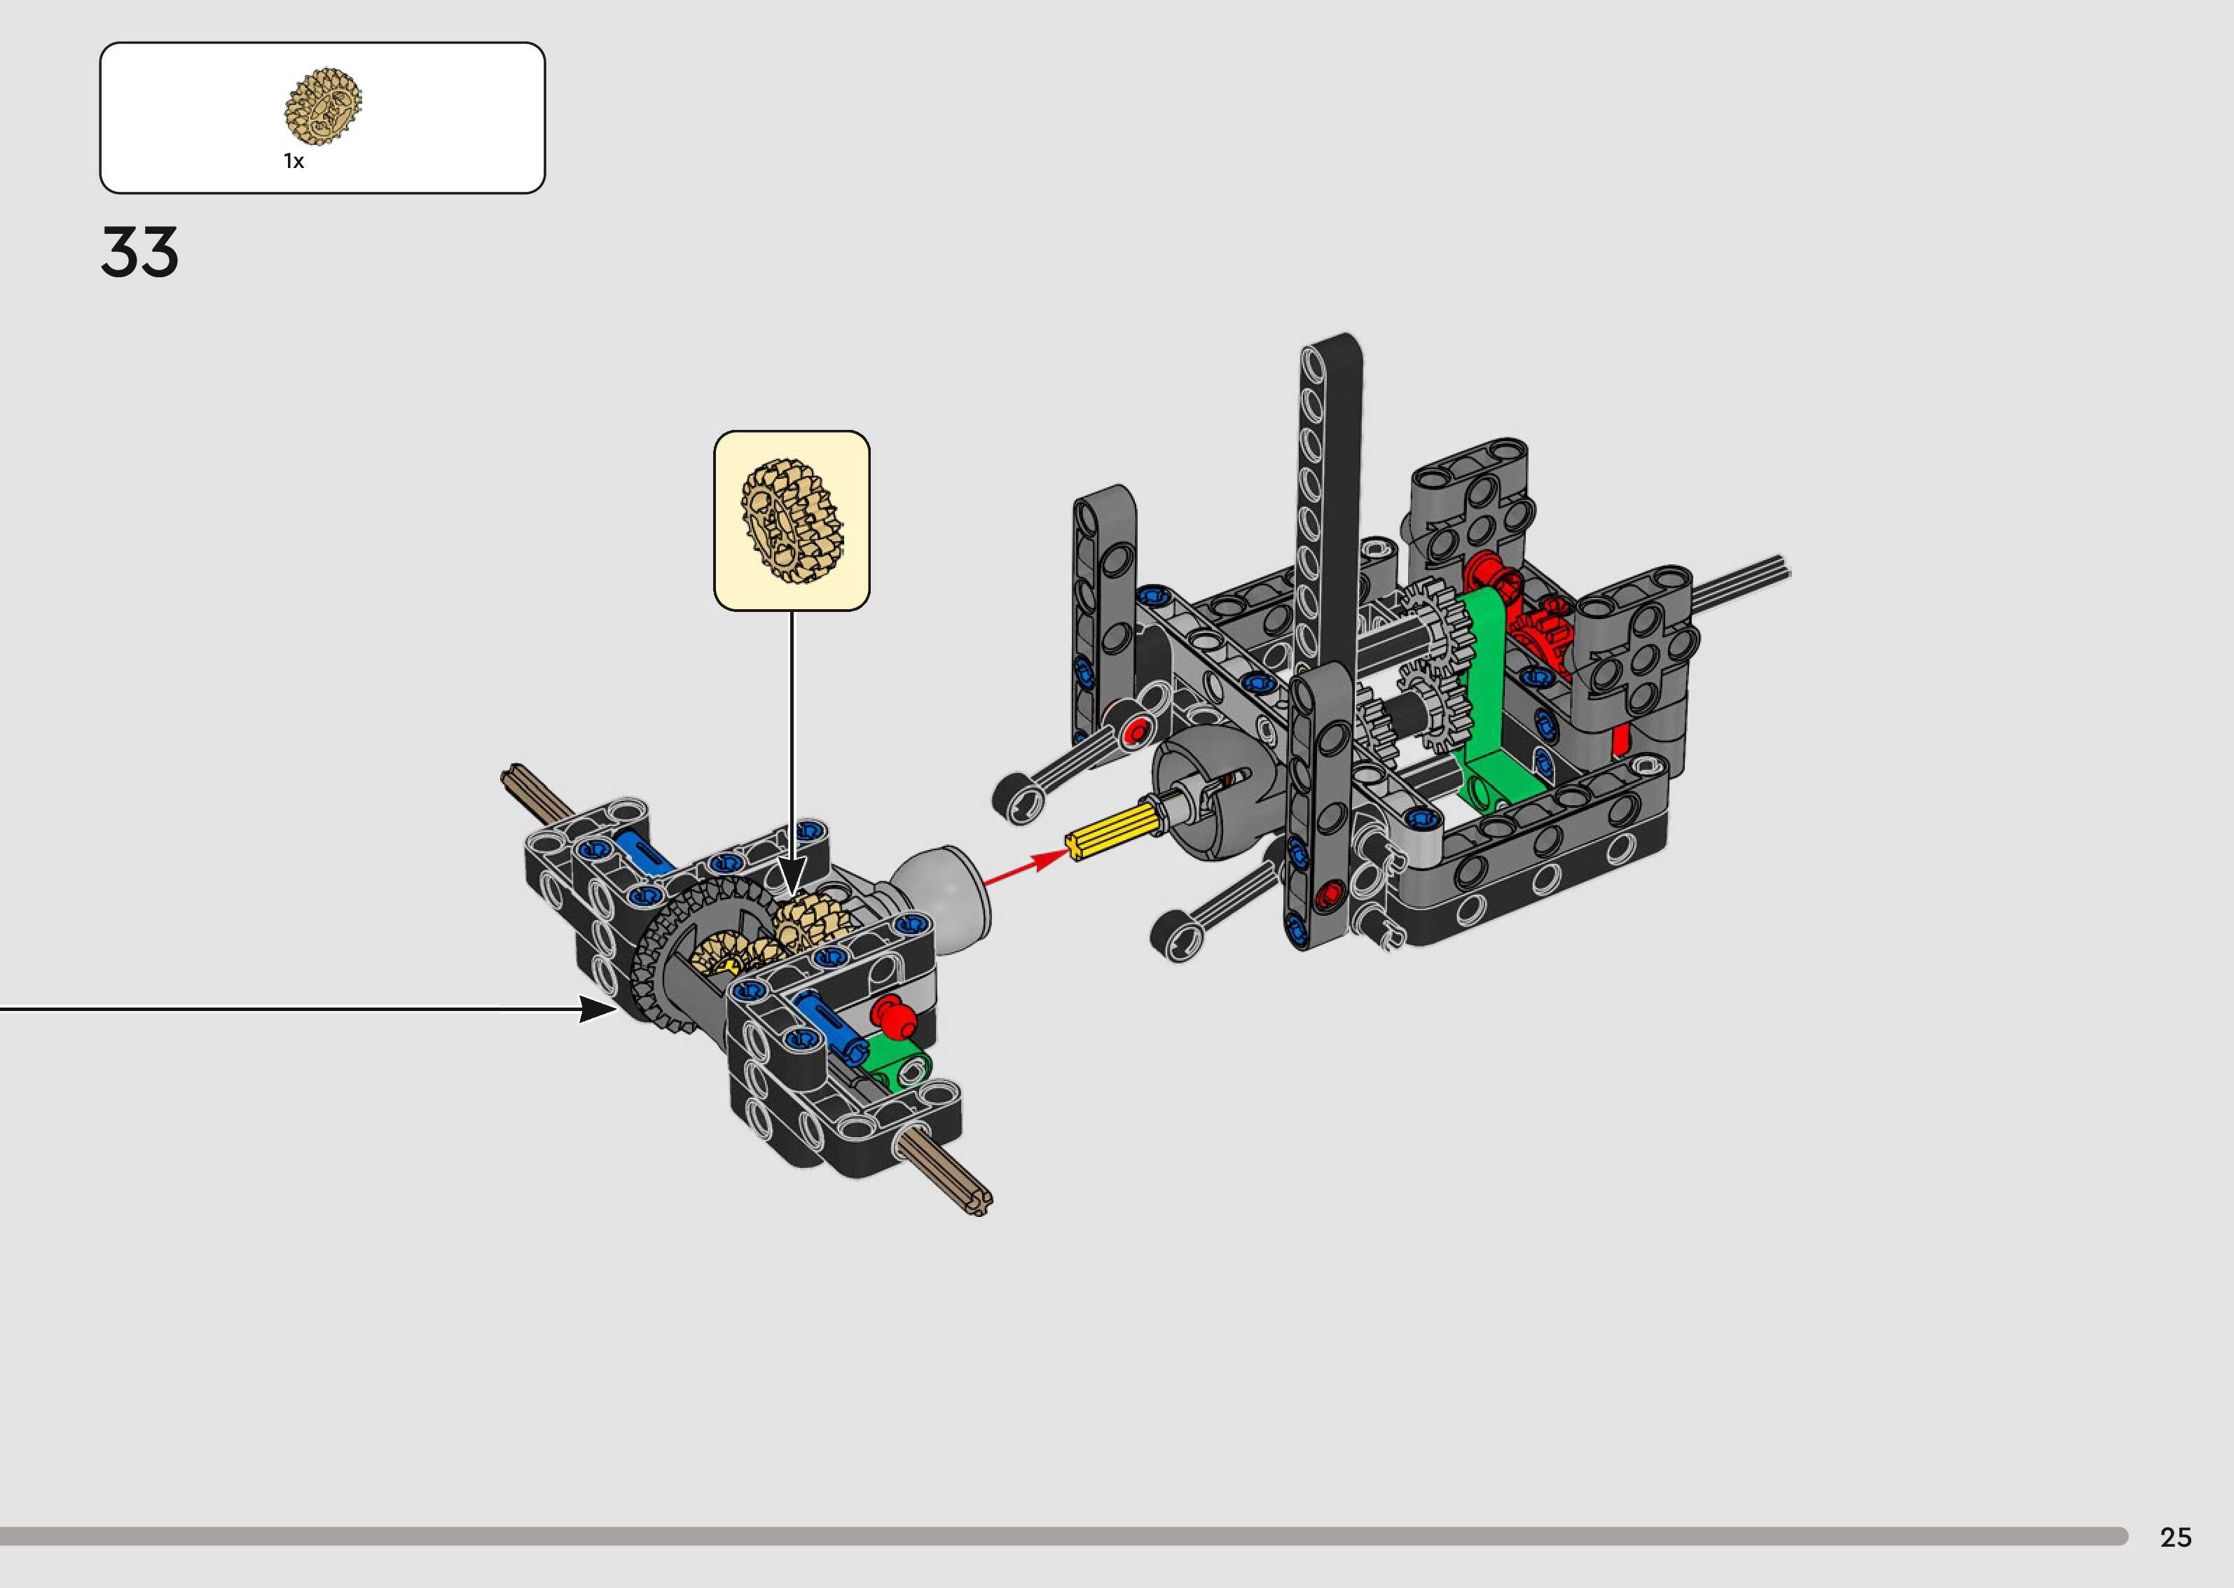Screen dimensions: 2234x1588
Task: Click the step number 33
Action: tap(140, 252)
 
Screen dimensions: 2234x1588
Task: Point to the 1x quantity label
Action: tap(294, 161)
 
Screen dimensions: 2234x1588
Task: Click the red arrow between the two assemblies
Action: tap(1027, 868)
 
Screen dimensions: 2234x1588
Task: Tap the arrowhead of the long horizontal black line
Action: tap(598, 1009)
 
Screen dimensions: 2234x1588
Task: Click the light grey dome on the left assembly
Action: tap(943, 895)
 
